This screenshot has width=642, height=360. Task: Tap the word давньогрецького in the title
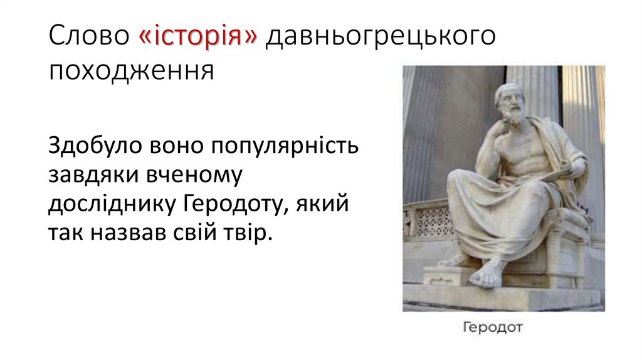tap(380, 38)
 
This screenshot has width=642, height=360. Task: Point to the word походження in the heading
tap(132, 70)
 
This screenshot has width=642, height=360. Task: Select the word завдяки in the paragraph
tap(88, 176)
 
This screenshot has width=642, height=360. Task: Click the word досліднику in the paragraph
tap(112, 205)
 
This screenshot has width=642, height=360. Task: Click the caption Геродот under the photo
tap(492, 327)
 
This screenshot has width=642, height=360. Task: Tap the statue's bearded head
tap(508, 102)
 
